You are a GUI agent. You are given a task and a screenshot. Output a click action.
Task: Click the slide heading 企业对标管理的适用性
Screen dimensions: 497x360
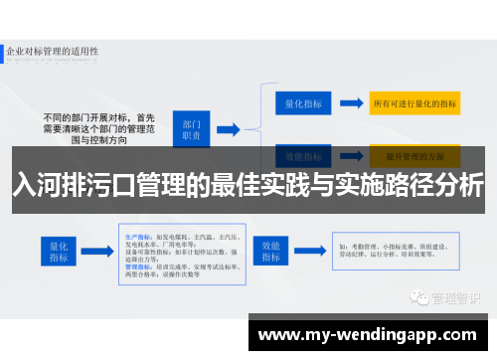tap(55, 49)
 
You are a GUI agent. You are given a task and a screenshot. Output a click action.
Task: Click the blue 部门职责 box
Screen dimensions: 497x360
tap(190, 129)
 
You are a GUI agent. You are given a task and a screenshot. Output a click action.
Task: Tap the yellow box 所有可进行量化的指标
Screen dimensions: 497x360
tap(414, 102)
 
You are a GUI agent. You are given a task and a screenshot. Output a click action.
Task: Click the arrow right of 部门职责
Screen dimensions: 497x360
tap(228, 130)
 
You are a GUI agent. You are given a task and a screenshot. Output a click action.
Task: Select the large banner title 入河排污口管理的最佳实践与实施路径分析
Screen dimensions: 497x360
tap(248, 184)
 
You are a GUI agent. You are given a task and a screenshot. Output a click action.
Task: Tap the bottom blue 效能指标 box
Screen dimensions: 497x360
tap(270, 249)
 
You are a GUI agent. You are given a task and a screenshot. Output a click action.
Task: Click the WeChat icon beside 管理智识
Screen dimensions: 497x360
tap(422, 270)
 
